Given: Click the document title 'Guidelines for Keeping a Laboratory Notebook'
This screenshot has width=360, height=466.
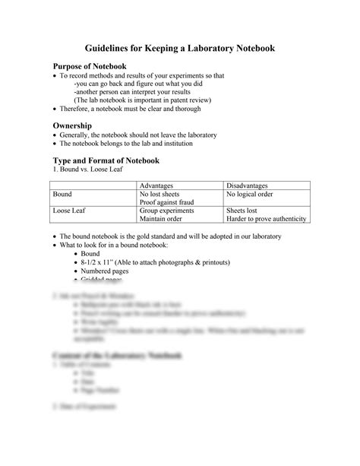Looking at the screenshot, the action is coord(180,48).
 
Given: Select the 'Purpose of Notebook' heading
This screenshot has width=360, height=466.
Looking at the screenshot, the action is coord(88,67).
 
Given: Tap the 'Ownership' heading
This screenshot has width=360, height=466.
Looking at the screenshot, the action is coord(72,124).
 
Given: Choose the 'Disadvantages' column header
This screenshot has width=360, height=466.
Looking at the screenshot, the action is coord(248,185).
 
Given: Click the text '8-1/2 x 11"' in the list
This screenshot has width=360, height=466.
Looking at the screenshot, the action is coord(98,261).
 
